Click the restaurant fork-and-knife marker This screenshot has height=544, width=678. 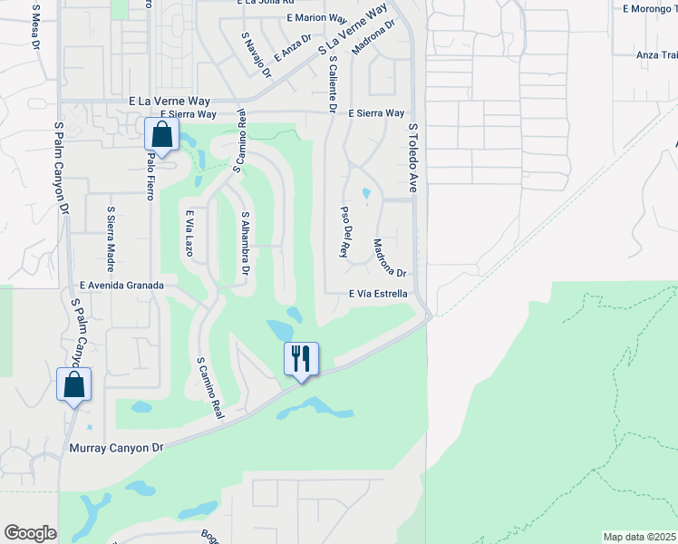pyautogui.click(x=302, y=358)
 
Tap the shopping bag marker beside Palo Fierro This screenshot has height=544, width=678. pyautogui.click(x=161, y=135)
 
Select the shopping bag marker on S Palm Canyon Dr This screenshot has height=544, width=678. pyautogui.click(x=73, y=384)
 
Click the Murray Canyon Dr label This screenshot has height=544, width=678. pyautogui.click(x=116, y=448)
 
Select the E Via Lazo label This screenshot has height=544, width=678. pyautogui.click(x=189, y=233)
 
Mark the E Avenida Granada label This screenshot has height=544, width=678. pyautogui.click(x=121, y=285)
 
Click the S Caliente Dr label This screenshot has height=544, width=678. pyautogui.click(x=333, y=84)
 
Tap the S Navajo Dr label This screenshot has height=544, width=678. pyautogui.click(x=256, y=56)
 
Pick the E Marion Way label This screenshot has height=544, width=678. pyautogui.click(x=315, y=18)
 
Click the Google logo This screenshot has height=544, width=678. pyautogui.click(x=30, y=532)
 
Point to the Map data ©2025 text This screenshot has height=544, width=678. pyautogui.click(x=638, y=537)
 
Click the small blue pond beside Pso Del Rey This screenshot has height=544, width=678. pyautogui.click(x=366, y=193)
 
